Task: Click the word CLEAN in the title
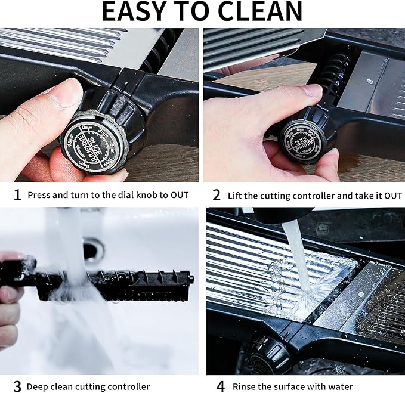point(259,12)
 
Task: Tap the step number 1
point(17,195)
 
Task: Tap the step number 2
point(217,195)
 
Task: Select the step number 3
point(17,386)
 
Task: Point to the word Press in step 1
point(39,195)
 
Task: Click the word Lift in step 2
point(236,195)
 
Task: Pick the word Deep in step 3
point(38,387)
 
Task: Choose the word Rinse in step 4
point(245,387)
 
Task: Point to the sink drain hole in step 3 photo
point(92,250)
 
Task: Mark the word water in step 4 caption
point(341,387)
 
